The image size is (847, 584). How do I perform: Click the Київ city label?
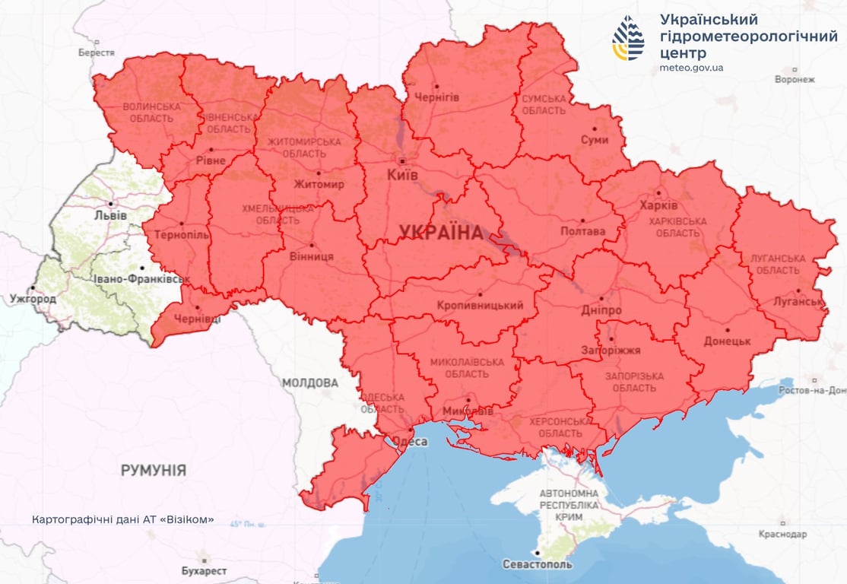403,175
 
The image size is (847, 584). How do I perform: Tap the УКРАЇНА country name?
441,233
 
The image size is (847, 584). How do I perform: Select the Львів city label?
111,215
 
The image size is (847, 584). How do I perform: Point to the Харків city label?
658,206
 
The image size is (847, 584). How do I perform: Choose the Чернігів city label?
436,97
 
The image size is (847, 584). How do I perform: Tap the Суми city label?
595,140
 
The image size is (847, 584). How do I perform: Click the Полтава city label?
582,230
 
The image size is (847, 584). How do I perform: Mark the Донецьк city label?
727,341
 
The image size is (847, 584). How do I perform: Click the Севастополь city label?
538,564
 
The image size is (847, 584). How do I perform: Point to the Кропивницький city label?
480,306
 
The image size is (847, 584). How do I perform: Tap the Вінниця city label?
312,256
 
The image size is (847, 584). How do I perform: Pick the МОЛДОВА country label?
310,382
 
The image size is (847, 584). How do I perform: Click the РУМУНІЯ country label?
154,471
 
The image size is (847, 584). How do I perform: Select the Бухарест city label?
204,570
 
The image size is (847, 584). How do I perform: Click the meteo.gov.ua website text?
691,68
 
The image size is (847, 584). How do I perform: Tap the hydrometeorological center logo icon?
628,38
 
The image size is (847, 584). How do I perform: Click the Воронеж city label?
795,79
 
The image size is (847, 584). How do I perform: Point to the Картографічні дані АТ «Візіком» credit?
122,520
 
